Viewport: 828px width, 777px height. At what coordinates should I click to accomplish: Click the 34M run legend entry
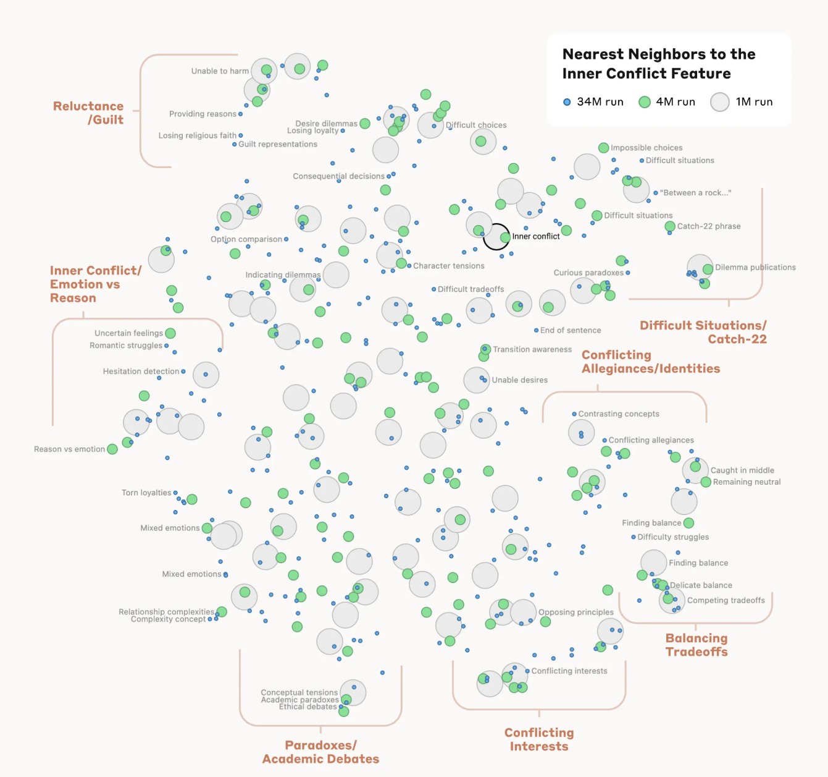point(593,102)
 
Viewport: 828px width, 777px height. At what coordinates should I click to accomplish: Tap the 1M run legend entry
point(742,102)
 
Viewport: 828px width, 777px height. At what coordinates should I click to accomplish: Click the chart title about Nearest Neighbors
point(658,64)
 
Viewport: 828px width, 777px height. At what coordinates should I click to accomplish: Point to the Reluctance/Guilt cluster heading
point(89,113)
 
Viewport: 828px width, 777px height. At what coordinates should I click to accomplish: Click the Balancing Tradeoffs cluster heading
point(696,645)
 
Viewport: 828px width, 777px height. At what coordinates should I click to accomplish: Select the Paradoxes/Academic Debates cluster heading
point(320,752)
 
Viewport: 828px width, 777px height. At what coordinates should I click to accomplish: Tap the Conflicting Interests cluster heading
point(539,739)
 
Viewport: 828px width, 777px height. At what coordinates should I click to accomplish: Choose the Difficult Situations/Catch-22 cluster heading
point(703,332)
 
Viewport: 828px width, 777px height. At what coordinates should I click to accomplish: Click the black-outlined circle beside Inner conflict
point(496,237)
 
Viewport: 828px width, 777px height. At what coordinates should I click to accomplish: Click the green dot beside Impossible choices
point(604,148)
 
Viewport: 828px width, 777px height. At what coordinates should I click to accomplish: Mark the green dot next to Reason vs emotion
point(112,449)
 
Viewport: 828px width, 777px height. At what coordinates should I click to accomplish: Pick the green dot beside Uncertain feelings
point(170,333)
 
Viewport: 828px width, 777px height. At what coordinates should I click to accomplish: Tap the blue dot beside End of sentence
point(536,331)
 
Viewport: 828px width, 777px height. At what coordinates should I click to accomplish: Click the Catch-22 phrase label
point(708,226)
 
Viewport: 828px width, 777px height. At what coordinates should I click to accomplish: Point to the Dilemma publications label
point(755,268)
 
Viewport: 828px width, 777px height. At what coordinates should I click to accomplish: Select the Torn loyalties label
point(146,493)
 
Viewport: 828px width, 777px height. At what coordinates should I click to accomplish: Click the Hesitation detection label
point(141,372)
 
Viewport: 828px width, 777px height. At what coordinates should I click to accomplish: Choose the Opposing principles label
point(576,613)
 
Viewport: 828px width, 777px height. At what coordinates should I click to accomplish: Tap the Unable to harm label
point(220,71)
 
